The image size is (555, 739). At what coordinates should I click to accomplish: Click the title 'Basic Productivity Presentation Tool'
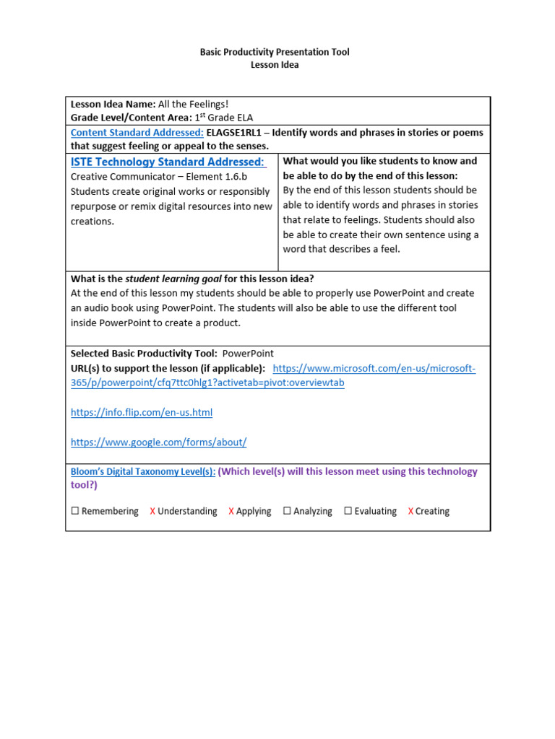pyautogui.click(x=274, y=53)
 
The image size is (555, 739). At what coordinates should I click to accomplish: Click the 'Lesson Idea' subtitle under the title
pyautogui.click(x=274, y=65)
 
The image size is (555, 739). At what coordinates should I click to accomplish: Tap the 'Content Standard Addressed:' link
pyautogui.click(x=137, y=133)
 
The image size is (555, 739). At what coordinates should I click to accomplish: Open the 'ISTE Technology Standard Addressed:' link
pyautogui.click(x=168, y=162)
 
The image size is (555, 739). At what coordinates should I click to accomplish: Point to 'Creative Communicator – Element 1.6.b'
pyautogui.click(x=158, y=177)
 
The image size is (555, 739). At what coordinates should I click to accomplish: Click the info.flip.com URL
pyautogui.click(x=142, y=413)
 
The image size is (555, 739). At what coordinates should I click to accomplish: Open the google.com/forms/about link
pyautogui.click(x=158, y=442)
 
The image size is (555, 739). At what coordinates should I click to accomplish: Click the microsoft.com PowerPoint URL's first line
pyautogui.click(x=374, y=369)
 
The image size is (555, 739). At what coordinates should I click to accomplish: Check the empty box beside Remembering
pyautogui.click(x=75, y=511)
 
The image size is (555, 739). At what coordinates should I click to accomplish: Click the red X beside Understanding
pyautogui.click(x=152, y=511)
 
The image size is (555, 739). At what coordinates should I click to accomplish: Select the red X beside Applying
pyautogui.click(x=231, y=511)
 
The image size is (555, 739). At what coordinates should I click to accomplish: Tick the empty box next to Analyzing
pyautogui.click(x=287, y=511)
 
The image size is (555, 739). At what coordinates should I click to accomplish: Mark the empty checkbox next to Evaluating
pyautogui.click(x=348, y=511)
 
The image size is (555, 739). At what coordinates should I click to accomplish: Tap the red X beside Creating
pyautogui.click(x=410, y=511)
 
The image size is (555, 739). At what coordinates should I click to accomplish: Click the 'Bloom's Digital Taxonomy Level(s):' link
pyautogui.click(x=142, y=472)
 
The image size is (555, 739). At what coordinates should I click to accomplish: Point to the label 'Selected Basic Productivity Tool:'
pyautogui.click(x=144, y=354)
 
